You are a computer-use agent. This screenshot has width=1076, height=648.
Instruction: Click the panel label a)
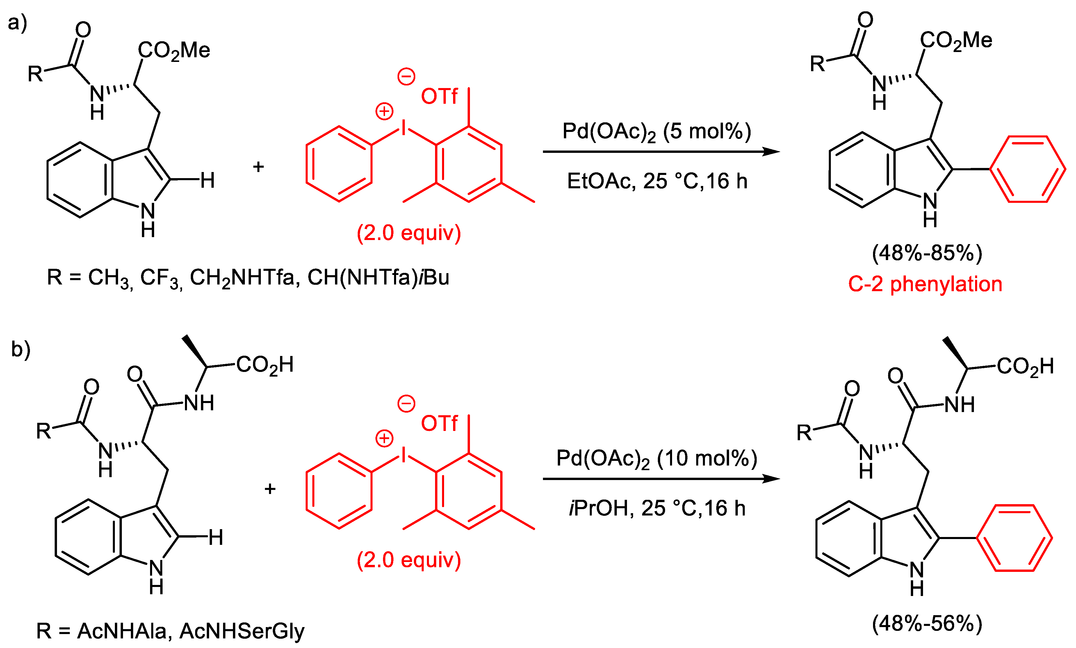tap(17, 23)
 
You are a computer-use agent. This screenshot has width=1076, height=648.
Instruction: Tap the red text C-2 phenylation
tap(925, 284)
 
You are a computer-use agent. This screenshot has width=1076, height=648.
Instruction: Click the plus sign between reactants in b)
tap(270, 489)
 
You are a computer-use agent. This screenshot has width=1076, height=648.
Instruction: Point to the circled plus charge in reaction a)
tap(384, 111)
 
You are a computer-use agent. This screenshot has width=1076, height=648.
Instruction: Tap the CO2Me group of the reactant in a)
tap(174, 51)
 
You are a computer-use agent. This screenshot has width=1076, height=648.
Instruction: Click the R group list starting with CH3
tap(247, 278)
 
